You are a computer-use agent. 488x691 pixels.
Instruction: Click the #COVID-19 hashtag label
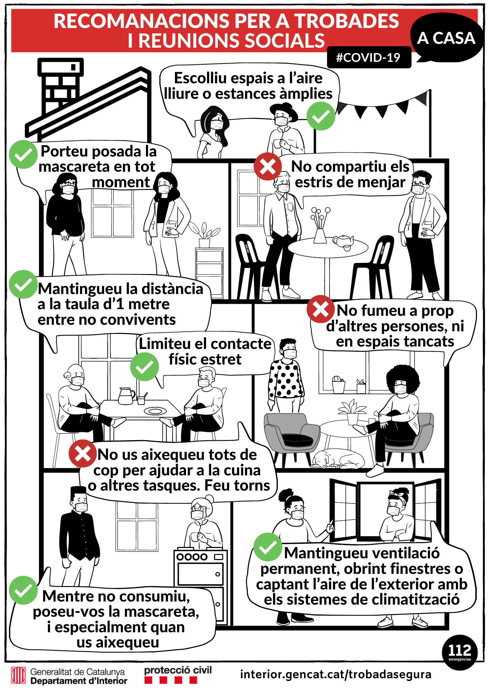tap(369, 57)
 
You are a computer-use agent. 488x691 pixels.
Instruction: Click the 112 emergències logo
tap(460, 652)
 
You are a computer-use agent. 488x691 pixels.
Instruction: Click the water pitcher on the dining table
tap(126, 396)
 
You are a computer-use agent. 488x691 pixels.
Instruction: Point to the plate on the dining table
tap(155, 411)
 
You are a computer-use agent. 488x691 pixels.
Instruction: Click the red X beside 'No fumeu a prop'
tap(320, 310)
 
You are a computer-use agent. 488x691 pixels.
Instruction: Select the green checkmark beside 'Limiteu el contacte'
tap(145, 367)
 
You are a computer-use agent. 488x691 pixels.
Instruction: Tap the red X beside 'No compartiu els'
tap(267, 167)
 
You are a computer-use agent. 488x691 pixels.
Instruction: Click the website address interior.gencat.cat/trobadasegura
tap(336, 674)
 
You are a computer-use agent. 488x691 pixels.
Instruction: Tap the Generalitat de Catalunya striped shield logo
tap(18, 675)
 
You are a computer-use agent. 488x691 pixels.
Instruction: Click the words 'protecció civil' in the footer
tap(178, 671)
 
